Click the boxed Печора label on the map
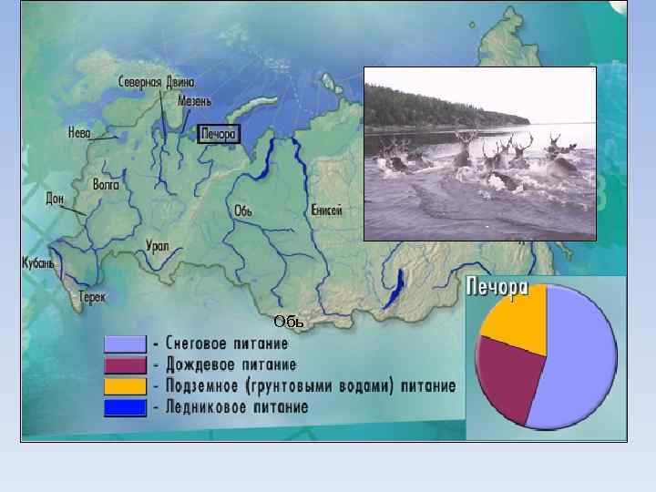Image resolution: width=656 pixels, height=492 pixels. click(x=218, y=134)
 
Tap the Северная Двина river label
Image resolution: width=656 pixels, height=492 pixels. click(x=156, y=82)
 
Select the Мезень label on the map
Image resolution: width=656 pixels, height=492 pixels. click(x=195, y=101)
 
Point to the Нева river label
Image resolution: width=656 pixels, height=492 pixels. click(x=79, y=133)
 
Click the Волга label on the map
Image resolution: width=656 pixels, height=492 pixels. click(x=106, y=184)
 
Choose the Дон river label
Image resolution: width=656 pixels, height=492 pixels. click(x=55, y=197)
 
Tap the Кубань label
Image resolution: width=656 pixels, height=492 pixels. click(x=38, y=263)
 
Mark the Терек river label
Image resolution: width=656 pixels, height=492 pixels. click(x=92, y=297)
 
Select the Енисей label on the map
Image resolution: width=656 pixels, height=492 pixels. click(x=326, y=210)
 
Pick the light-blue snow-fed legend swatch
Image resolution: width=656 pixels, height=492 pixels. click(x=125, y=344)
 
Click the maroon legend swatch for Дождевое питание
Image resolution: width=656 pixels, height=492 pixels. click(x=125, y=365)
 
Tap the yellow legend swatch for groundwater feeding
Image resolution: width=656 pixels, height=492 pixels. click(x=125, y=386)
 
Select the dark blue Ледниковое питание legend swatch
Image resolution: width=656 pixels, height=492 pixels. click(x=125, y=407)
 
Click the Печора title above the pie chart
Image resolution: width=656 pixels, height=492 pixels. click(x=497, y=289)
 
